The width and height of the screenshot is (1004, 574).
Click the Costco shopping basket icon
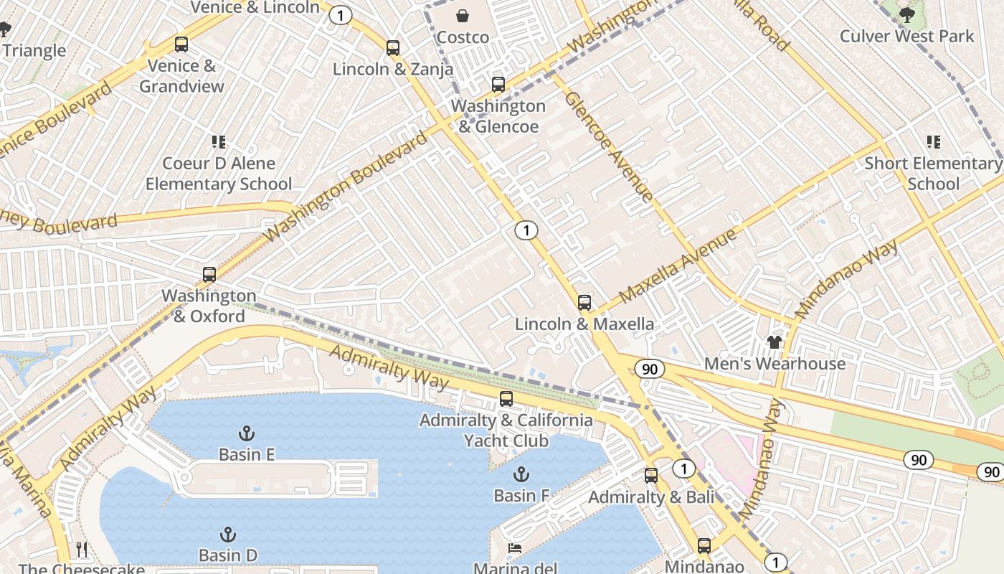click(463, 16)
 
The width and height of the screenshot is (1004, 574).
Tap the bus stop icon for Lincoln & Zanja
click(393, 48)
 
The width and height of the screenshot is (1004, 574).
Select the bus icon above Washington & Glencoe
click(498, 85)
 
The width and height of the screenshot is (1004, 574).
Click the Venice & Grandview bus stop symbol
click(181, 44)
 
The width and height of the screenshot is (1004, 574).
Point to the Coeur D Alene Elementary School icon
click(219, 142)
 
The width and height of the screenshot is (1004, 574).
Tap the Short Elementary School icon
click(933, 142)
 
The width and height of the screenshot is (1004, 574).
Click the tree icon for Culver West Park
click(907, 14)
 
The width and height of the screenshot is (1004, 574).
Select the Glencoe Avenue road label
click(609, 146)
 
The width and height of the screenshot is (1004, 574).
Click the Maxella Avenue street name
click(678, 265)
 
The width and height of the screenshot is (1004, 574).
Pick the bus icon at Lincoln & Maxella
click(584, 303)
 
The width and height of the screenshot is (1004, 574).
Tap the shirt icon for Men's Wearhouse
click(775, 342)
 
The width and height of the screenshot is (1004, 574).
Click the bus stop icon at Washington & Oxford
click(209, 274)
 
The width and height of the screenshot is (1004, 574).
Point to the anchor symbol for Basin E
click(247, 433)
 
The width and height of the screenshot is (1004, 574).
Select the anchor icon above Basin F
click(521, 474)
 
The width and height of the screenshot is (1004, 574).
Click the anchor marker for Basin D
click(227, 535)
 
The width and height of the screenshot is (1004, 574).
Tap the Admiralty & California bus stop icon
click(506, 399)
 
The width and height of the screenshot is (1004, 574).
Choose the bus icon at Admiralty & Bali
click(651, 475)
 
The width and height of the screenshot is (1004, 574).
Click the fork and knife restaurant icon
click(82, 550)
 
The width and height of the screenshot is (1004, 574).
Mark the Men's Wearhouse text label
click(775, 364)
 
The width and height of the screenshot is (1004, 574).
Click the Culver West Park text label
click(907, 36)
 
